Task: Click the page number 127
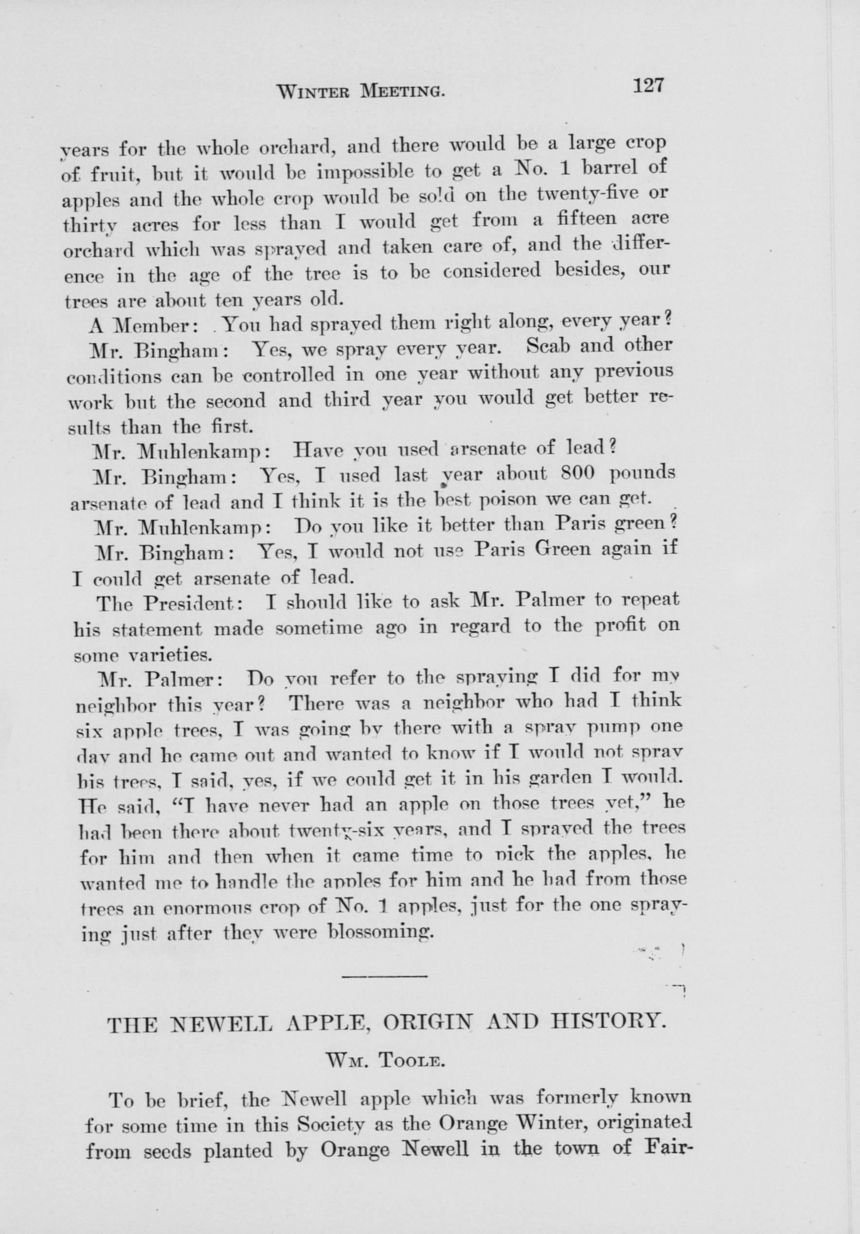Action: coord(648,86)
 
